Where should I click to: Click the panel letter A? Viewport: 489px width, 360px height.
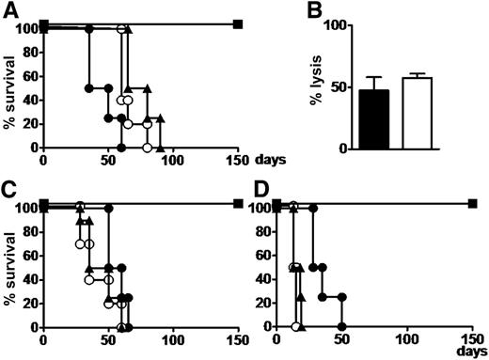(x=8, y=10)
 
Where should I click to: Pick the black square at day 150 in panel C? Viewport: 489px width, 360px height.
(x=238, y=203)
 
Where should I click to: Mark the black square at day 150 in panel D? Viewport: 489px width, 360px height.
(x=472, y=203)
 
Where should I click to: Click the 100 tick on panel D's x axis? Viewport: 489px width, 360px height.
(x=407, y=339)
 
